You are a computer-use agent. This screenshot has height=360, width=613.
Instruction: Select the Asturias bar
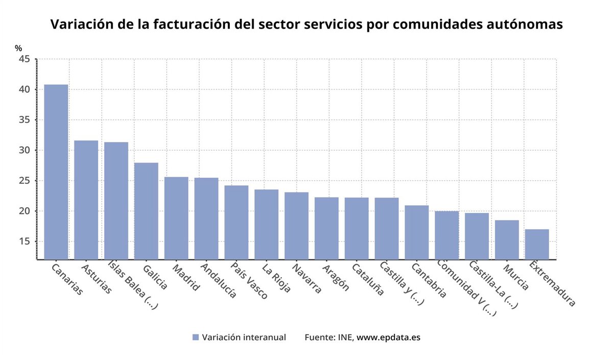point(86,200)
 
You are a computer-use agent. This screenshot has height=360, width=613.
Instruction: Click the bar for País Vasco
point(236,222)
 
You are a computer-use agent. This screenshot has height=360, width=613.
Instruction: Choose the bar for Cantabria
point(416,232)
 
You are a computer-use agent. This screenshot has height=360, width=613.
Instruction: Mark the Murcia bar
point(507,239)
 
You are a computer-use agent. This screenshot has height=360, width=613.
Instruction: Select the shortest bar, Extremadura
point(537,244)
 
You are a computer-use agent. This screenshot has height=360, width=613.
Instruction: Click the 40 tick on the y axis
point(26,89)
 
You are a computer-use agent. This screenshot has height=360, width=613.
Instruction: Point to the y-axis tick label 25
point(26,181)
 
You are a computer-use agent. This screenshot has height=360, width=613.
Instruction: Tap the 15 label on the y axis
point(26,242)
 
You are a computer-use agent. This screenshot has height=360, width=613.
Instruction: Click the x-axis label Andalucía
point(219,280)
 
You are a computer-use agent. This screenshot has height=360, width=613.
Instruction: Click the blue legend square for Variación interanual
point(195,337)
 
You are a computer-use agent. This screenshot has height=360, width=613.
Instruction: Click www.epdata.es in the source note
point(388,337)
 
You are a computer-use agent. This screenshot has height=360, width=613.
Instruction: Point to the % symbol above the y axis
point(18,48)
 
